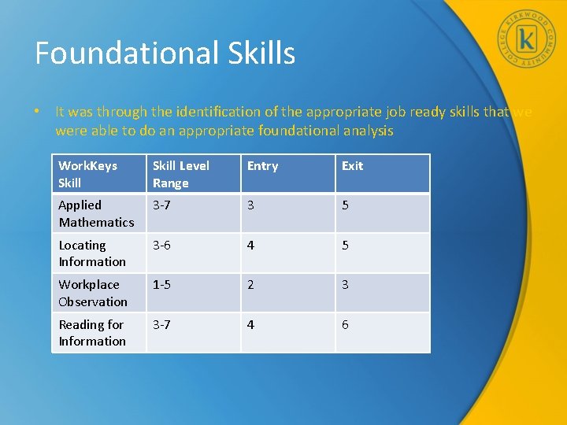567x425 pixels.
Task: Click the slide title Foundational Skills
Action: tap(165, 53)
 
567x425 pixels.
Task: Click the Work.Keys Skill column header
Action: tap(87, 174)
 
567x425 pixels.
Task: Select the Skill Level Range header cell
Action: tap(181, 174)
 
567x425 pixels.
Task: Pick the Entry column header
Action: tap(262, 166)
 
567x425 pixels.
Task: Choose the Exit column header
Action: tap(352, 166)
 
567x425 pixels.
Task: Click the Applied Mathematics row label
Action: tap(96, 213)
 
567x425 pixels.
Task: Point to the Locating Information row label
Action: tap(92, 253)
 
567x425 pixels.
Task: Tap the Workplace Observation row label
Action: tap(92, 293)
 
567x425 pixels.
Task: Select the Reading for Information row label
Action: tap(92, 333)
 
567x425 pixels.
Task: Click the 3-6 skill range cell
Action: tap(161, 246)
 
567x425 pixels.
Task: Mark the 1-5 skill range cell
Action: tap(161, 285)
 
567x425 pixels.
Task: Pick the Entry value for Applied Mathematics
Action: tap(250, 205)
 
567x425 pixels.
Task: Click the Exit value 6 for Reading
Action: tap(345, 325)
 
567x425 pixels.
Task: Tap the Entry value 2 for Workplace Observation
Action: tap(250, 285)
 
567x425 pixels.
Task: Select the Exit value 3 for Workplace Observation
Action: tap(345, 285)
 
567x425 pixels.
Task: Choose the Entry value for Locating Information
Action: tap(250, 246)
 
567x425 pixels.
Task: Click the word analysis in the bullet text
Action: tap(367, 131)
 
